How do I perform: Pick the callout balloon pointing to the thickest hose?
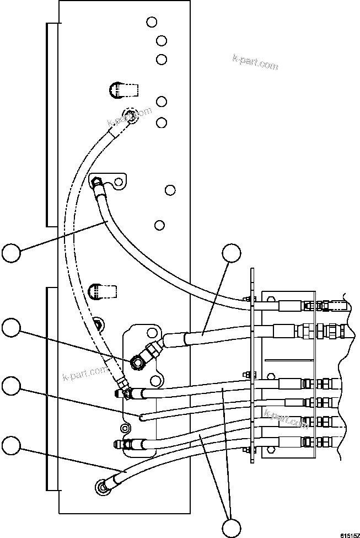(x=232, y=254)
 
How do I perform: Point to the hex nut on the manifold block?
(x=136, y=363)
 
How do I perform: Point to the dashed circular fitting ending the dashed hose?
(x=130, y=115)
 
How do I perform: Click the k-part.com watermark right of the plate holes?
(x=255, y=63)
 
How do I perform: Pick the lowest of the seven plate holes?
(x=159, y=225)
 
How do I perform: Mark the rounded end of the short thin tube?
(x=142, y=417)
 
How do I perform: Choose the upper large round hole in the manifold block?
(x=153, y=334)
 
